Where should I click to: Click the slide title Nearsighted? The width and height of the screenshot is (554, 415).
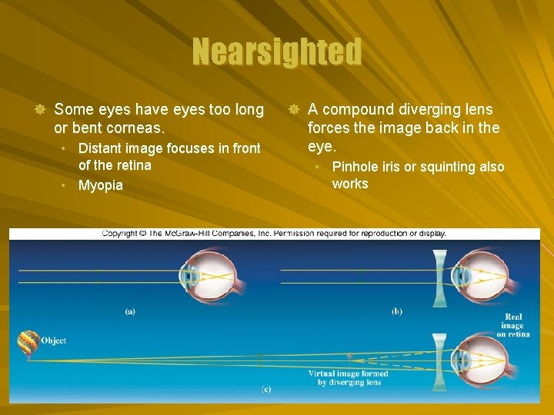(x=277, y=52)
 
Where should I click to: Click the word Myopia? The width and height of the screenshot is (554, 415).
(x=100, y=186)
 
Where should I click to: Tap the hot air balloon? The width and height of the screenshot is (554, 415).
(x=28, y=343)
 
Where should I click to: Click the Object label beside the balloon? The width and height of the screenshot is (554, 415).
(x=54, y=340)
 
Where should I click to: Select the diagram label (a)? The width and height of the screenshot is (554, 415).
(x=130, y=311)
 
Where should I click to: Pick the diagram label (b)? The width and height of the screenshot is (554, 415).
(x=396, y=311)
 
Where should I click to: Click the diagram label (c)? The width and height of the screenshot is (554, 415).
(x=265, y=390)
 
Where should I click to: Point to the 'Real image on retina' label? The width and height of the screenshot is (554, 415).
(x=513, y=325)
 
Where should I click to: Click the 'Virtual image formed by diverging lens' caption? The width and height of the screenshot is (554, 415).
(x=348, y=377)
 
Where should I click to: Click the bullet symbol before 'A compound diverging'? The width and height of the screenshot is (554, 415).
(x=293, y=110)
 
